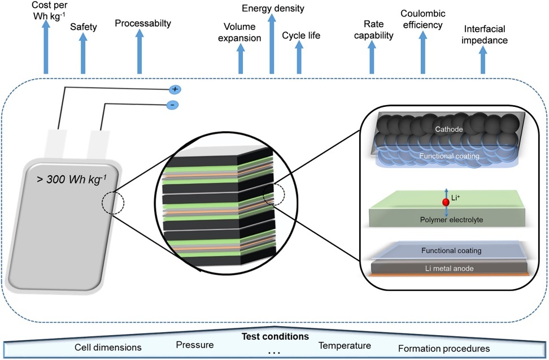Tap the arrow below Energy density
(x=272, y=45)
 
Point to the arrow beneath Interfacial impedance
(x=483, y=60)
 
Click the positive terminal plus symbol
(x=175, y=89)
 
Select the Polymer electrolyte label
(x=446, y=219)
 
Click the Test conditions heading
(x=275, y=336)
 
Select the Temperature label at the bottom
(x=345, y=345)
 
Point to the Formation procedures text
(x=444, y=348)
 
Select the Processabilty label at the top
(x=143, y=24)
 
